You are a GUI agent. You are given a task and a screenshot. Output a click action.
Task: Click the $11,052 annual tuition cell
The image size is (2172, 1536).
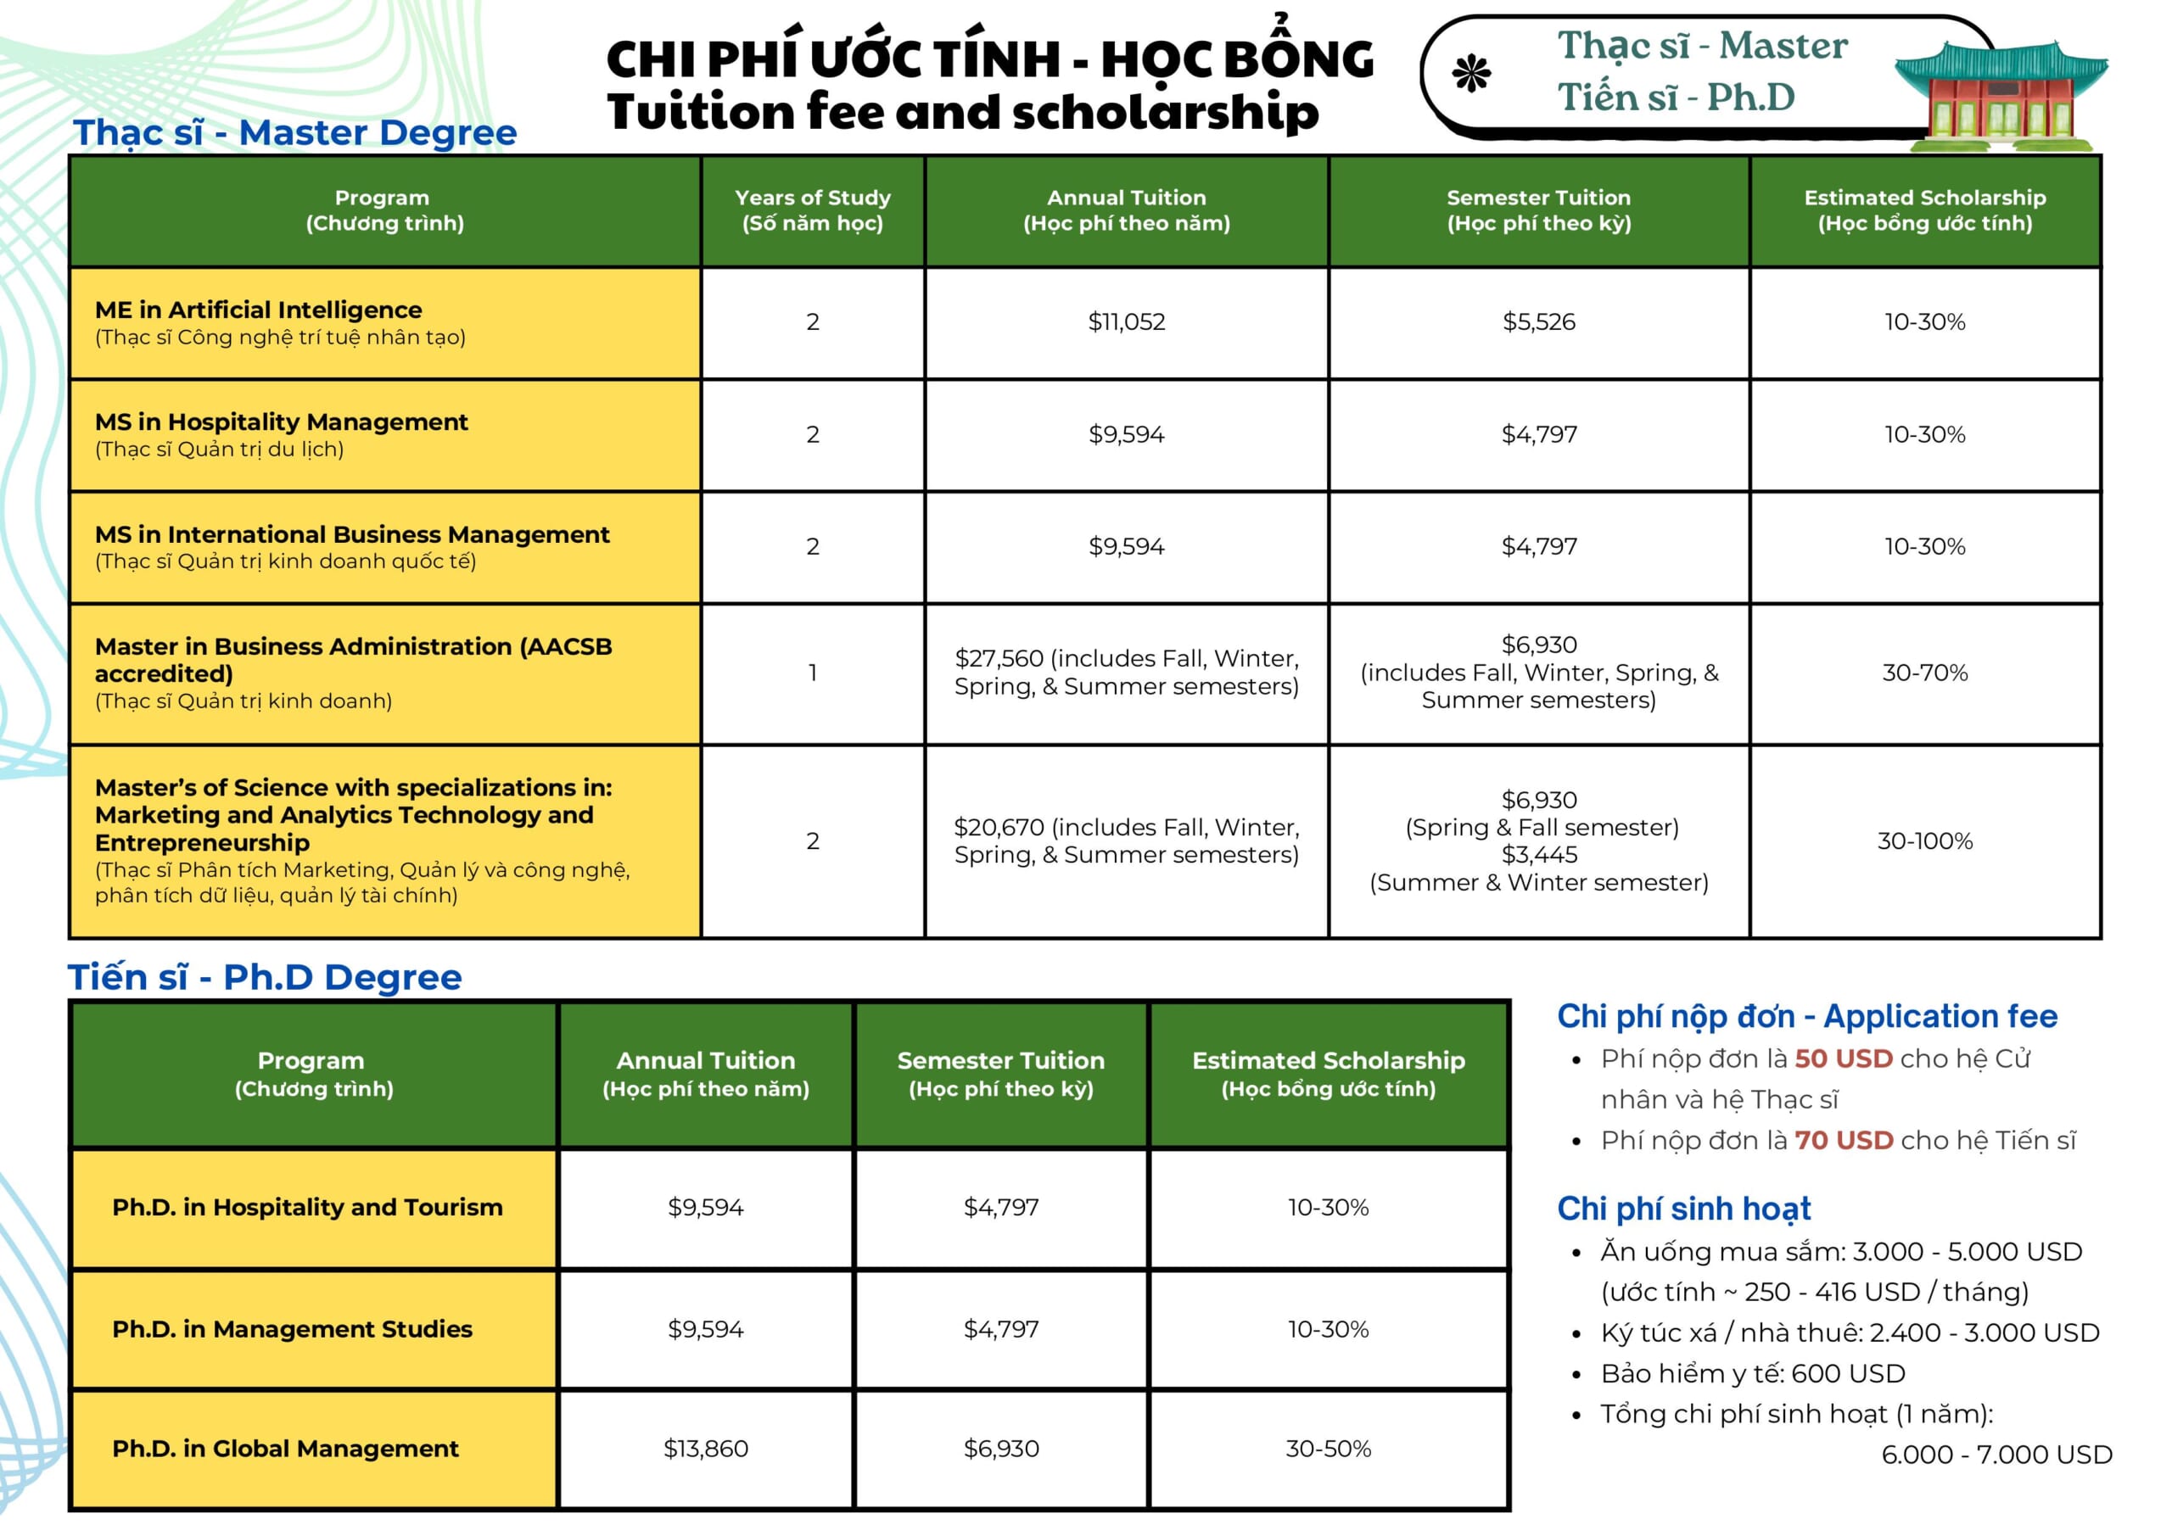(1126, 322)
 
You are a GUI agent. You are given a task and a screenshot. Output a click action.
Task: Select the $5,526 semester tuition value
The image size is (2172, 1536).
(1538, 322)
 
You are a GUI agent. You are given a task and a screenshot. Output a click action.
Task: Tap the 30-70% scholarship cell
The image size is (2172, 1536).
(1924, 673)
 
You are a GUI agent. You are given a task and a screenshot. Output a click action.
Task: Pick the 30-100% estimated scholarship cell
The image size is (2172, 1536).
(1924, 841)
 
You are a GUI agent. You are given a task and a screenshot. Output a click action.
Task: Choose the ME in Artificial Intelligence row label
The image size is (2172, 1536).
(258, 310)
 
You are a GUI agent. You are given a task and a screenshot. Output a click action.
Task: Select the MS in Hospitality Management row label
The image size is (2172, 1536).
(281, 422)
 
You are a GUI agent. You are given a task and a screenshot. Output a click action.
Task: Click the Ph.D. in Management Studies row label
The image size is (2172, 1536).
(293, 1329)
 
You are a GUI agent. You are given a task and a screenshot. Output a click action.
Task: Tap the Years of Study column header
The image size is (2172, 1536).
(813, 210)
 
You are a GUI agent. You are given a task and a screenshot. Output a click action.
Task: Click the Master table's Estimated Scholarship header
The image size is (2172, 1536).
(1924, 210)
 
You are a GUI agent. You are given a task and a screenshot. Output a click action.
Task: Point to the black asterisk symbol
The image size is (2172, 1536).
(1472, 74)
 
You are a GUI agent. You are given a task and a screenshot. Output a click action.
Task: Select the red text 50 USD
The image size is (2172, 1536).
(1843, 1058)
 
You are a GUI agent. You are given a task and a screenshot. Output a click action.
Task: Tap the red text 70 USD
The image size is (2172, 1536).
(1843, 1140)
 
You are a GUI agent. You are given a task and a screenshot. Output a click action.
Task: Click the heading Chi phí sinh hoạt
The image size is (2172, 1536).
(1684, 1209)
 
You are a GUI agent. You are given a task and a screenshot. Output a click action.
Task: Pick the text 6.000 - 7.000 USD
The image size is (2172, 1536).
(1996, 1454)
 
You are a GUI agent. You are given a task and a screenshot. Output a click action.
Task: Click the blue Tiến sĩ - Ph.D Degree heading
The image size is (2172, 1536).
(265, 977)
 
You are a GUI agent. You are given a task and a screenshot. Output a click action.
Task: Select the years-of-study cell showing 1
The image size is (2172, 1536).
(813, 673)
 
